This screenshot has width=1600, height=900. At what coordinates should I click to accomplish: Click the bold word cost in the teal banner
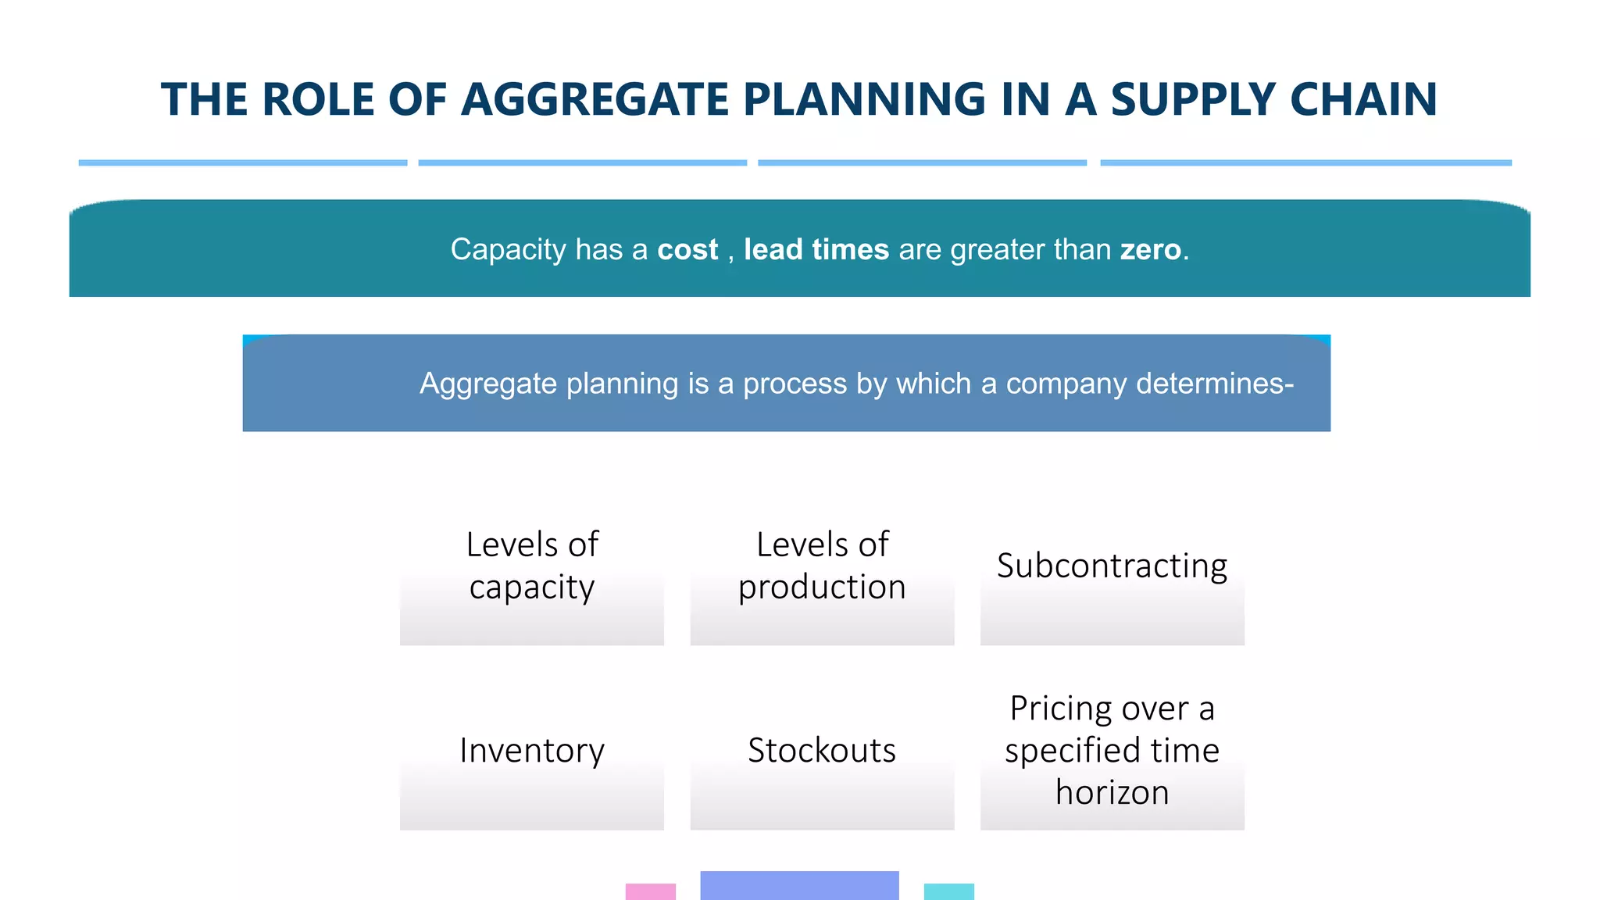click(x=687, y=250)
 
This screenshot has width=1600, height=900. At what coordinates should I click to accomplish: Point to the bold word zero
click(x=1150, y=250)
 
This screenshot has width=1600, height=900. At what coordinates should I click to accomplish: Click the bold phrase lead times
click(x=816, y=250)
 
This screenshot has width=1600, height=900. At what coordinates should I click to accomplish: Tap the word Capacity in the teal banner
click(x=508, y=250)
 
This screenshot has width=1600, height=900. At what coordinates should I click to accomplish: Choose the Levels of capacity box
click(x=532, y=578)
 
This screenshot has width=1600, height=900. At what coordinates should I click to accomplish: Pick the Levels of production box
click(x=822, y=578)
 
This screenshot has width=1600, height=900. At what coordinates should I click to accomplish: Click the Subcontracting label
click(x=1112, y=566)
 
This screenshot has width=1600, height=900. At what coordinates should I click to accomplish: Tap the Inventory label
click(x=532, y=751)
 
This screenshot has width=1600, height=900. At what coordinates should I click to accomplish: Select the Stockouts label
click(x=822, y=751)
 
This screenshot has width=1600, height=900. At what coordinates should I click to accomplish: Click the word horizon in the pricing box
click(x=1112, y=793)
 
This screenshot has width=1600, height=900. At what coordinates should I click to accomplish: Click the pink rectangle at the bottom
click(x=650, y=891)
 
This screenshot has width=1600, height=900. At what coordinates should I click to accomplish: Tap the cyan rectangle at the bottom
click(x=948, y=891)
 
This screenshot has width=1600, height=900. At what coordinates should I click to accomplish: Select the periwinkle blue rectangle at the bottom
click(x=799, y=885)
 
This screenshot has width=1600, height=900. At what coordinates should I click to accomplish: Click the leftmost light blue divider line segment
click(x=242, y=162)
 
